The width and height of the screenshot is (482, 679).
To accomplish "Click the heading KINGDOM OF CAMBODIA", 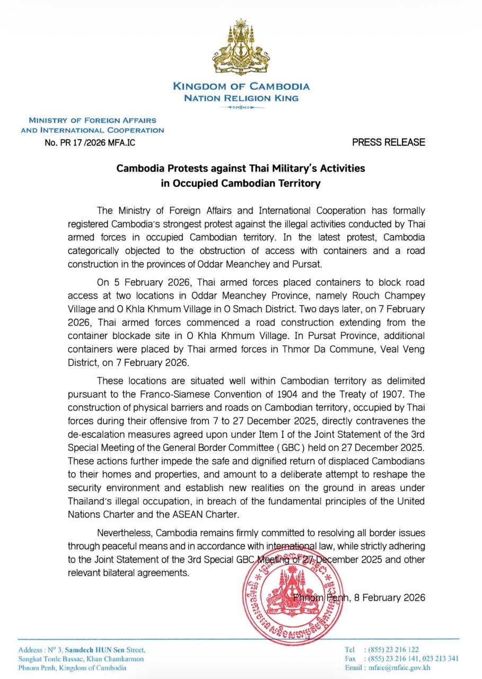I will [241, 86].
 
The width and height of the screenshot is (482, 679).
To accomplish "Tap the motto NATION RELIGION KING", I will [241, 98].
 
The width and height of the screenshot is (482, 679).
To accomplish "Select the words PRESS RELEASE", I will [389, 142].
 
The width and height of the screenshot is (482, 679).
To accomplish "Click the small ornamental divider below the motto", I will [241, 108].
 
